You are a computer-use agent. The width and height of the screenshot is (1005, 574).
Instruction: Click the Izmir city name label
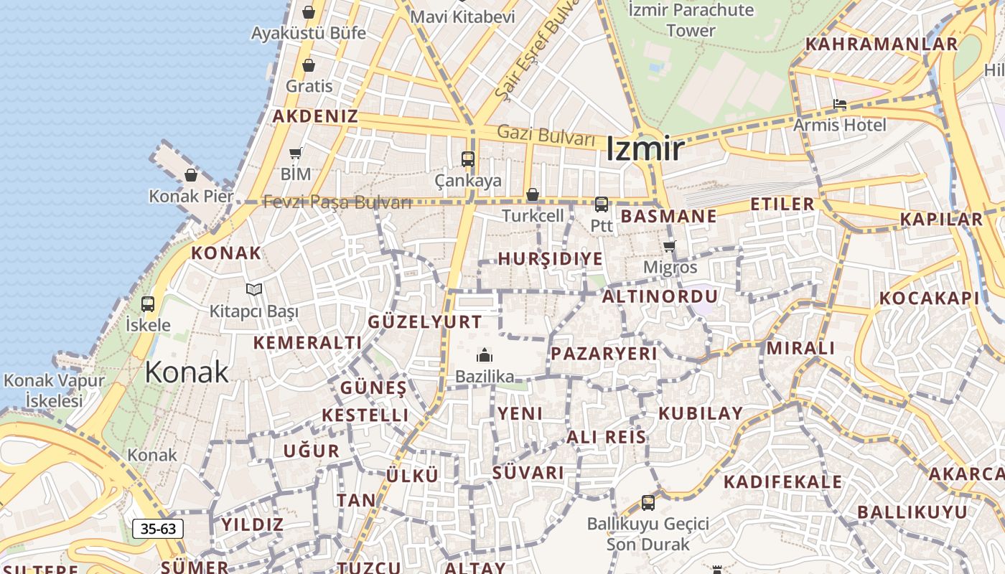tap(645, 149)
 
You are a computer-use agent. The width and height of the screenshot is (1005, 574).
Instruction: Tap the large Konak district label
tap(187, 372)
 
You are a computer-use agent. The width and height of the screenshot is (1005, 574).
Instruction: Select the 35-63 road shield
tap(158, 530)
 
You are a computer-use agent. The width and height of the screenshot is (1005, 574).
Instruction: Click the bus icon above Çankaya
tap(468, 159)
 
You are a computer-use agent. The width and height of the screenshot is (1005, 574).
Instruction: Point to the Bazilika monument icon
tap(485, 355)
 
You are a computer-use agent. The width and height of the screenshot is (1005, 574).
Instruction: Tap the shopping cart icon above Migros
tap(669, 247)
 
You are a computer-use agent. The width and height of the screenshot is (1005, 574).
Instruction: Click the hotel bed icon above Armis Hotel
tap(840, 105)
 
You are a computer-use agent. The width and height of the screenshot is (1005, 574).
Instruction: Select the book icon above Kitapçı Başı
tap(253, 289)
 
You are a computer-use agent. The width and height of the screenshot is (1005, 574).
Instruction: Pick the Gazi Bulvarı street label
tap(546, 134)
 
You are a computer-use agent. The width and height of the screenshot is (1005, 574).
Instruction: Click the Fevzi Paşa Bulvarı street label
tap(337, 202)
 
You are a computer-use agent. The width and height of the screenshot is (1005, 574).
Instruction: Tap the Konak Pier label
tap(191, 196)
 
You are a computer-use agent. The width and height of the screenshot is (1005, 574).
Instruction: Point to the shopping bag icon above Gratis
tap(309, 66)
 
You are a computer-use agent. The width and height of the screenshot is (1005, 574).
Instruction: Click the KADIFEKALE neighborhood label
tap(782, 481)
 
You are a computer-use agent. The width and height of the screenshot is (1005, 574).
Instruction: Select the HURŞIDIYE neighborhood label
tap(550, 259)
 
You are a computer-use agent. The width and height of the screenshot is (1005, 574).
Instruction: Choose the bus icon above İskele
tap(148, 304)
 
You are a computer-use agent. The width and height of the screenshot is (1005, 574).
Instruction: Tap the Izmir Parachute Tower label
tap(691, 20)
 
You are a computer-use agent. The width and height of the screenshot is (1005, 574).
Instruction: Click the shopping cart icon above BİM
tap(296, 153)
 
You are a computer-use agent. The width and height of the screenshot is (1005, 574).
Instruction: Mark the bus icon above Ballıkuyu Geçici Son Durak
tap(648, 502)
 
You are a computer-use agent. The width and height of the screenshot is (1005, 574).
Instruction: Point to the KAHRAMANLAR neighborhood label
tap(881, 44)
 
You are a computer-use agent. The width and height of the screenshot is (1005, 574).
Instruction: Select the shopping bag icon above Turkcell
tap(533, 194)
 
